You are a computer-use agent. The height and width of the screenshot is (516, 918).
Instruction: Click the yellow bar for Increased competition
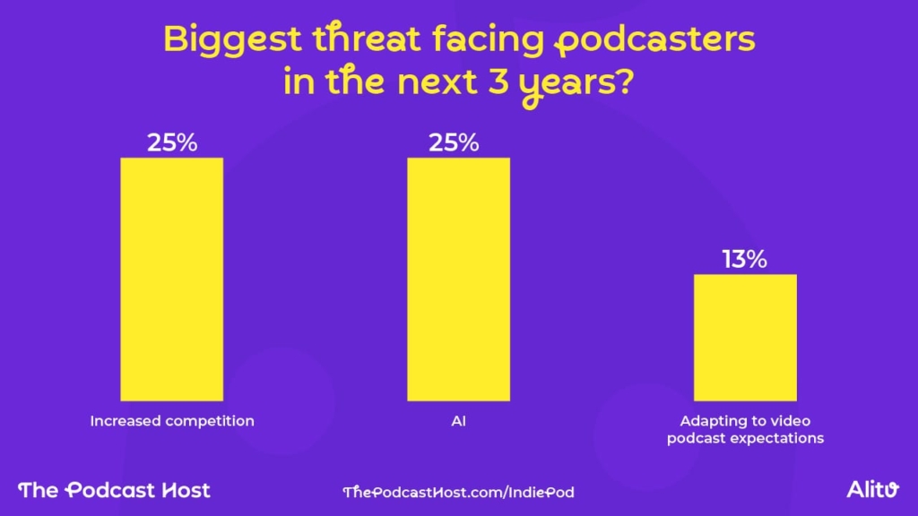coord(171,279)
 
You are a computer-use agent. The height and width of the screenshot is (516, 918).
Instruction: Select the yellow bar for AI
coord(458,279)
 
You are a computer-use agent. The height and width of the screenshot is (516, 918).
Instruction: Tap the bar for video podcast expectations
coord(745,337)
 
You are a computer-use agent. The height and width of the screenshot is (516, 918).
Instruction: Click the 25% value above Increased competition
coord(171,142)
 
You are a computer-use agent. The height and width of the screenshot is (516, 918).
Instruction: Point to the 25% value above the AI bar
coord(458,142)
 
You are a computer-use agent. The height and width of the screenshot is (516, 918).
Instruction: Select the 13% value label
coord(745,260)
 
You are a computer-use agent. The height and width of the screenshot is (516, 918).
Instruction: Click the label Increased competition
coord(171,421)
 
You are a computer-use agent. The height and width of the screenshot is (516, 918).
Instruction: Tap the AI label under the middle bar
coord(458,421)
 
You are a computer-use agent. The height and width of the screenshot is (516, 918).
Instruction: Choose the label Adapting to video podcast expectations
coord(745,429)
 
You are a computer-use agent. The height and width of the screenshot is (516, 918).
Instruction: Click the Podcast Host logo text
coord(115,490)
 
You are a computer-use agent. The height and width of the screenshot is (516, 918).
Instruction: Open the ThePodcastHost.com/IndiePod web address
coord(458,491)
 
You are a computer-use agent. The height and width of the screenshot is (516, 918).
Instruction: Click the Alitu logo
coord(871,489)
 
